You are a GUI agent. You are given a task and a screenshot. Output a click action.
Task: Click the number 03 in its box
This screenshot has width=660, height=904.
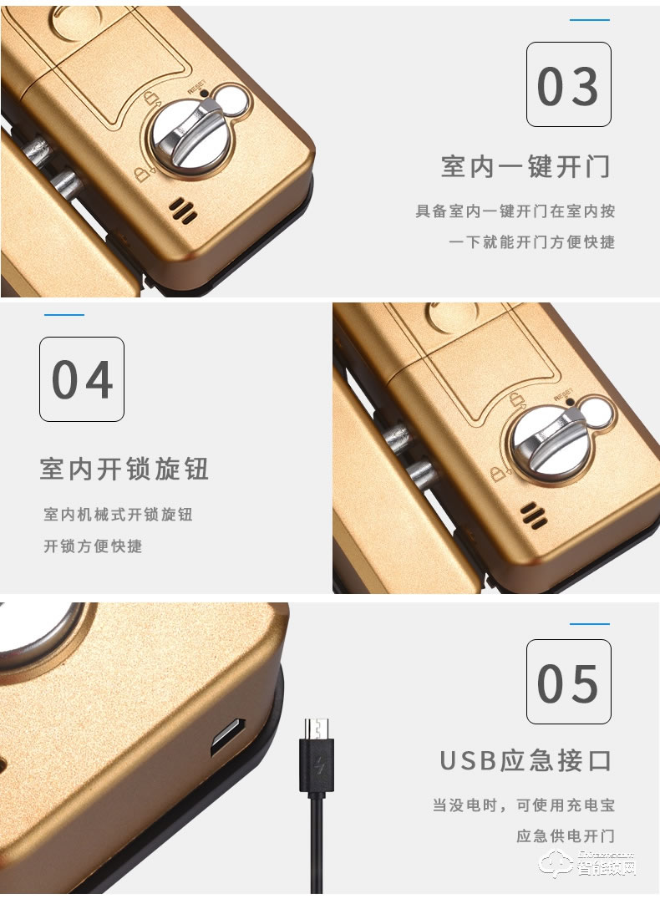pyautogui.click(x=568, y=86)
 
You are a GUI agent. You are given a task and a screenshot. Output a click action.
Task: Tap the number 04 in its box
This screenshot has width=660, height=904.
pyautogui.click(x=82, y=380)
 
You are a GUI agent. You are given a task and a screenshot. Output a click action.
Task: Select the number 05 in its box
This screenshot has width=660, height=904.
pyautogui.click(x=568, y=683)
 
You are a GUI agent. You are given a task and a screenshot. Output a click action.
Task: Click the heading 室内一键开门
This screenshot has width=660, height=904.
pyautogui.click(x=525, y=166)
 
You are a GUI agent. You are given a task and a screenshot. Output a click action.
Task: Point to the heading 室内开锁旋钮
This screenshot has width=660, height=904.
pyautogui.click(x=124, y=469)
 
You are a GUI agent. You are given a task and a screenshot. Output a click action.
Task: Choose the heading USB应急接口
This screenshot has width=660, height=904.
pyautogui.click(x=525, y=760)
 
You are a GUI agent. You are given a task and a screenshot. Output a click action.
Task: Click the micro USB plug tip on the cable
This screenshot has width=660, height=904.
pyautogui.click(x=317, y=727)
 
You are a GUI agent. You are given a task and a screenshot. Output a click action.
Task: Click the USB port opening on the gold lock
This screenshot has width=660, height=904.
pyautogui.click(x=228, y=736)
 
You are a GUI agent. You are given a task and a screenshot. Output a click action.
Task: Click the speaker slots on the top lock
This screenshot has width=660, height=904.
pyautogui.click(x=183, y=211)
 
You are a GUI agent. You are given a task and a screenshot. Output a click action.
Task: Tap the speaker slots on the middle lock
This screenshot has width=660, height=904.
pyautogui.click(x=534, y=515)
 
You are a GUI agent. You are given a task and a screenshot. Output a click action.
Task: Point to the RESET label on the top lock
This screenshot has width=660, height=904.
pyautogui.click(x=196, y=87)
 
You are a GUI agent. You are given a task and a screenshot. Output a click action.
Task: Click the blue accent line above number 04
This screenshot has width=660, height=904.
pyautogui.click(x=64, y=315)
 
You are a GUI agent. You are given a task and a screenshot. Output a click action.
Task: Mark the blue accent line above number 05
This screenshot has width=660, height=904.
pyautogui.click(x=590, y=624)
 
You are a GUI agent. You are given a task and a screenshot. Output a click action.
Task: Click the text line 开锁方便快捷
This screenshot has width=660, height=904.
pyautogui.click(x=93, y=546)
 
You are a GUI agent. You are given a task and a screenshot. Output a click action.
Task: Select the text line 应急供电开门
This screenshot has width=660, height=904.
pyautogui.click(x=566, y=835)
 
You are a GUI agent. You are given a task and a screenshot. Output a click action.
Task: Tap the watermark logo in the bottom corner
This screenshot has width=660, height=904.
pyautogui.click(x=586, y=864)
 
